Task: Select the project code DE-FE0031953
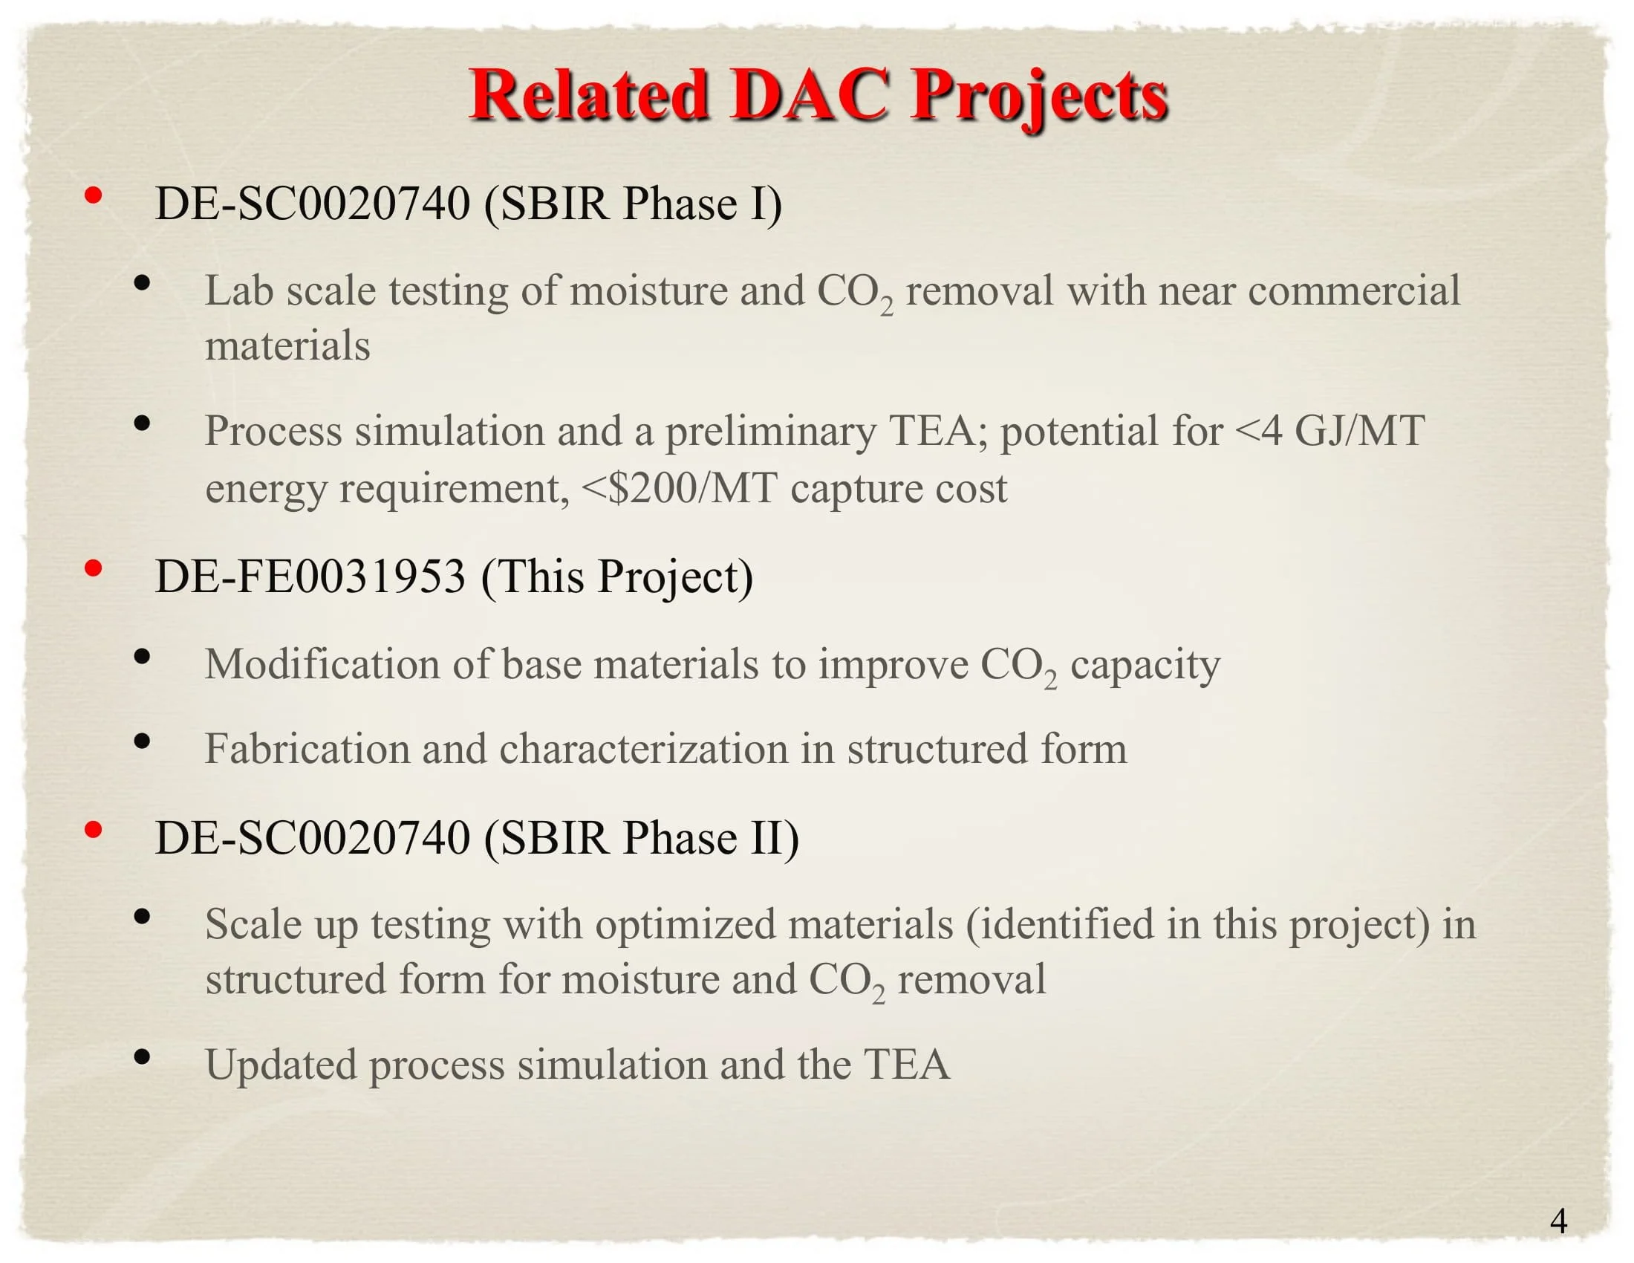point(310,577)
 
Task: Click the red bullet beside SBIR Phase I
point(94,196)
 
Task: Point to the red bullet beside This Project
point(94,569)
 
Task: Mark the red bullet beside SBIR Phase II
point(94,830)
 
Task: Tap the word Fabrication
point(307,749)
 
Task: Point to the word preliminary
point(770,432)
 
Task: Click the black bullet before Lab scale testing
point(142,283)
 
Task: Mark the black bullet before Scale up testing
point(142,918)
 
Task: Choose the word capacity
point(1145,665)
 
